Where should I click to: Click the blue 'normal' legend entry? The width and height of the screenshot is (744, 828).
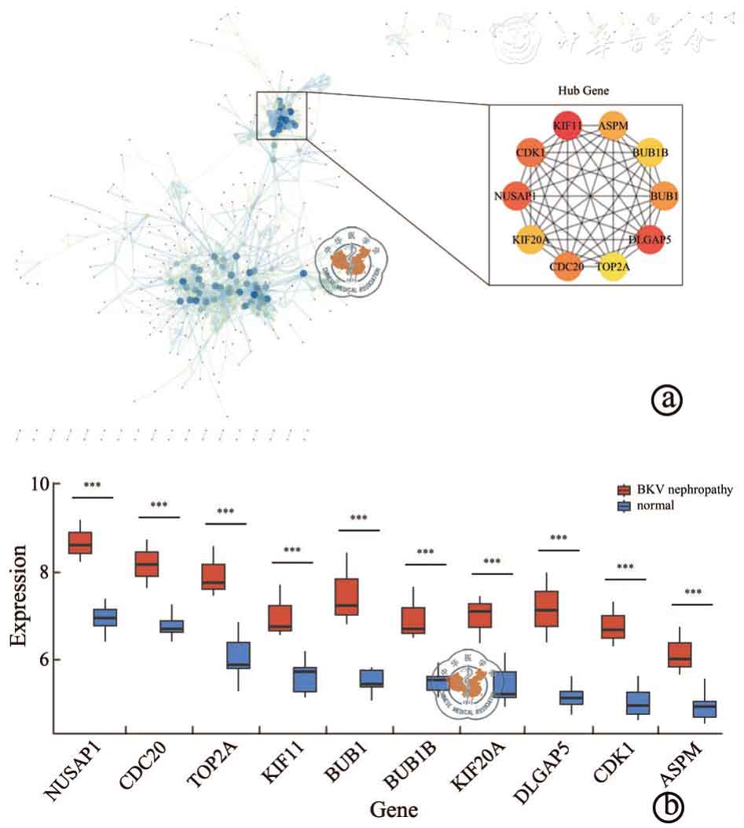pos(648,507)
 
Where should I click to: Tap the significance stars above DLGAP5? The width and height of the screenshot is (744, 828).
pos(559,539)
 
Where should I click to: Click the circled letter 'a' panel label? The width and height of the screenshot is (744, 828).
pos(668,400)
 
